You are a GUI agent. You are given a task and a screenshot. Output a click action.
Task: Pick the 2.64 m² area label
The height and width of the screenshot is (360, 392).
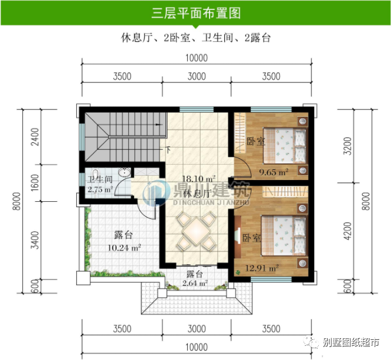click(x=195, y=283)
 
